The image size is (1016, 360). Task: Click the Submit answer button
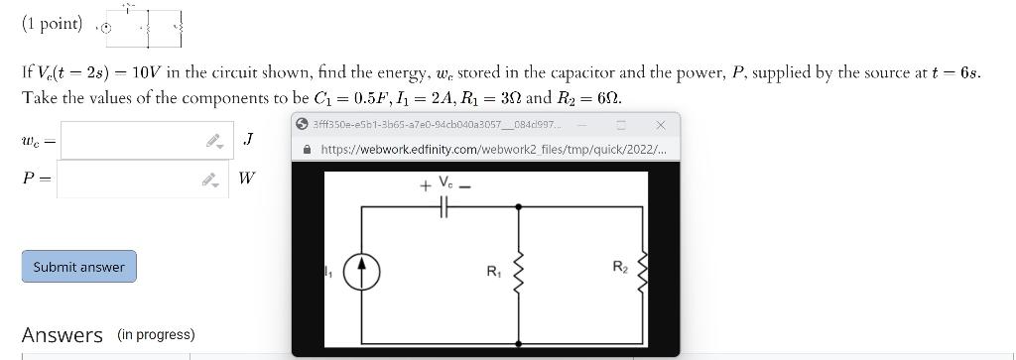point(78,267)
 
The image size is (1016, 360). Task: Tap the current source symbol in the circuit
point(362,271)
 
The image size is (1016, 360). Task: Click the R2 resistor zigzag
point(643,269)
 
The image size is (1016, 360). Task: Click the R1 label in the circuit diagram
point(493,271)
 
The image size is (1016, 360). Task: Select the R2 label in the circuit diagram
point(620,266)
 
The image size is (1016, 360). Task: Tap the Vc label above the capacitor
point(447,183)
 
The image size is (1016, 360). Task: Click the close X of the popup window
point(661,125)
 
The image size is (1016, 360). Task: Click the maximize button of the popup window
point(621,125)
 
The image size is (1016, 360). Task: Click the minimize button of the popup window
point(582,125)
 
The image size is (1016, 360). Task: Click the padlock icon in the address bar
point(308,150)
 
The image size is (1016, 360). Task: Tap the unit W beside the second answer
point(247,180)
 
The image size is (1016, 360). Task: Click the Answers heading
point(62,335)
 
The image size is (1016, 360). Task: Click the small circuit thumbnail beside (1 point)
point(144,27)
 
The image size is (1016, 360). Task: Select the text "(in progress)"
point(156,334)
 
